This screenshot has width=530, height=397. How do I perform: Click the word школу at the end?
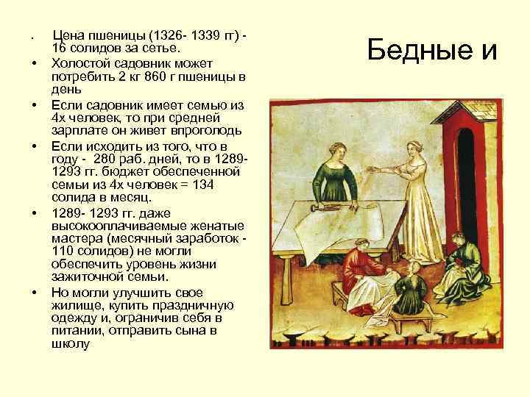click(70, 344)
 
